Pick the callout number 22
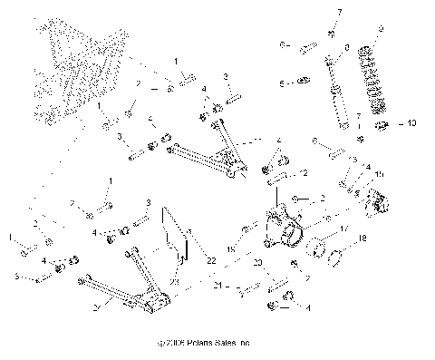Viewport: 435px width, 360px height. click(x=211, y=259)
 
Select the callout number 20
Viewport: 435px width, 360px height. click(x=257, y=262)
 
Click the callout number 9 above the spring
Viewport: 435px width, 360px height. click(x=381, y=29)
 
